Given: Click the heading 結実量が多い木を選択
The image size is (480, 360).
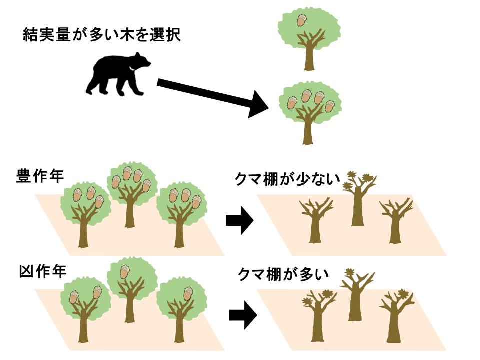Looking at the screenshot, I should pos(101,35).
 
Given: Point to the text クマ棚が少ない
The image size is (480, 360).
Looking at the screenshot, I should pos(287,179).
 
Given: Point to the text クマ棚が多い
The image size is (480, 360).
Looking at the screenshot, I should pos(283,273).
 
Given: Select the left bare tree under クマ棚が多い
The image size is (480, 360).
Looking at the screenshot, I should pos(317,315).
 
